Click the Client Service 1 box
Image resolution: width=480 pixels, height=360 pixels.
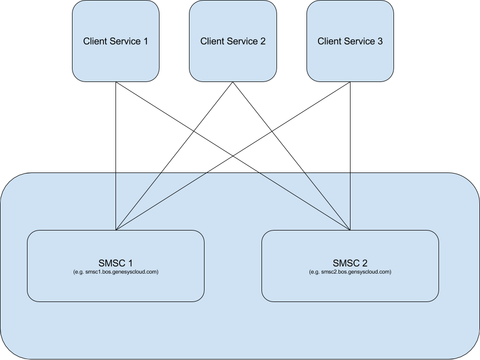[115, 41]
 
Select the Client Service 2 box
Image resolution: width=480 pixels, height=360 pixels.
[233, 41]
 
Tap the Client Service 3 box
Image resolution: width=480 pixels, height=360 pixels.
[350, 41]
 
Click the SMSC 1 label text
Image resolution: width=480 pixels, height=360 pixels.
[115, 263]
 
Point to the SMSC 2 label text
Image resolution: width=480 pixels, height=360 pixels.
[350, 263]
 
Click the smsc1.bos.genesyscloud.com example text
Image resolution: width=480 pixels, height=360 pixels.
[115, 272]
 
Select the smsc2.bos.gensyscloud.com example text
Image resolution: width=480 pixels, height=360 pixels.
[350, 272]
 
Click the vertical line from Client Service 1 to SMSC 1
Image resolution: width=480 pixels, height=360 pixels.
[115, 156]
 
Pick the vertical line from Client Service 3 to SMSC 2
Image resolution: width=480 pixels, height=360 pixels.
[350, 156]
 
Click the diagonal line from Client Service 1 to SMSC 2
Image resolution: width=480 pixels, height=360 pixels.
[233, 156]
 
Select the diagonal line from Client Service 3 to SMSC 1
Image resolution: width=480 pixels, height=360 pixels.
[233, 156]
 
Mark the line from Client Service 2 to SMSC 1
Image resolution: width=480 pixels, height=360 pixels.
[174, 156]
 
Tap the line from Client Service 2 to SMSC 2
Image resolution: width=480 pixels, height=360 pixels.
[291, 156]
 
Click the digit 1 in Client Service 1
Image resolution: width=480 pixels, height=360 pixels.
[145, 41]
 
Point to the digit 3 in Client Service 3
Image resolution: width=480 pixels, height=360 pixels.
[380, 41]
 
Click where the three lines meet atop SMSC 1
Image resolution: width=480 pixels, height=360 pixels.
[115, 230]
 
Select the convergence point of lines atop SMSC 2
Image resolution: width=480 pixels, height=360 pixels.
[350, 230]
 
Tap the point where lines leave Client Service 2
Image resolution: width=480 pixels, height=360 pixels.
[233, 82]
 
